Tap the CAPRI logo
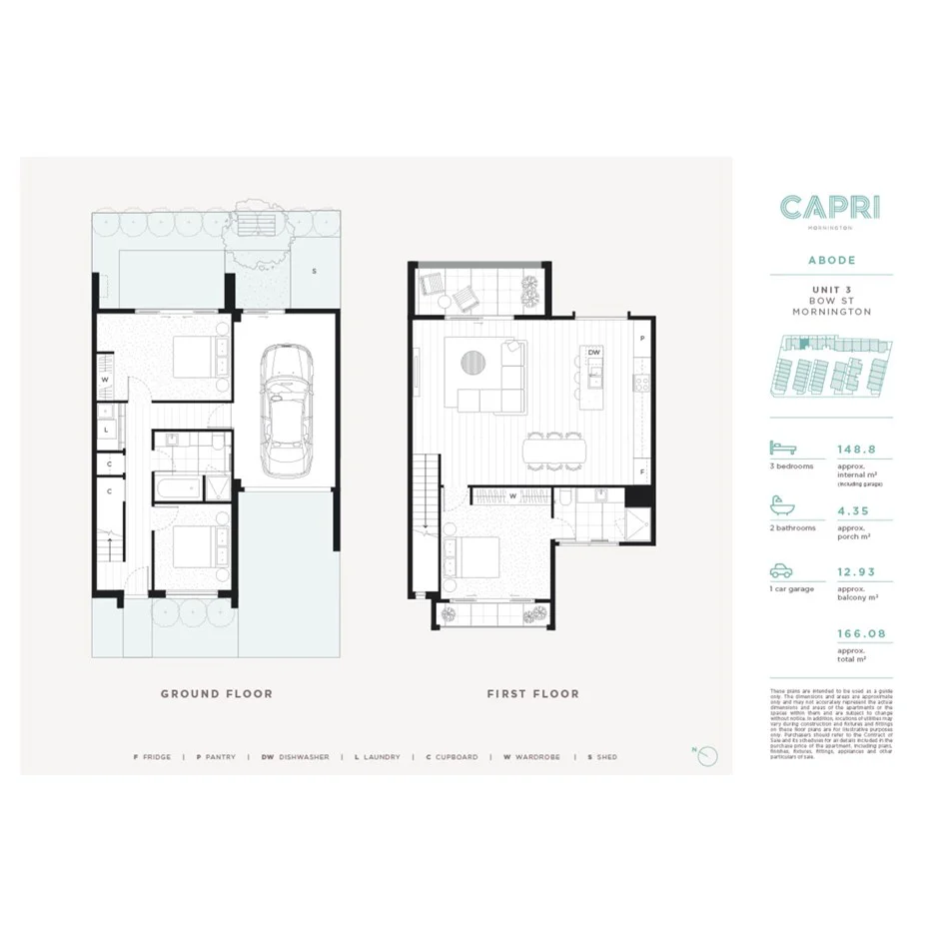tap(830, 208)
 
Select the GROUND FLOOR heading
tap(217, 693)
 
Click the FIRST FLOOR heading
tap(532, 693)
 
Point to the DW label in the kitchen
tap(593, 353)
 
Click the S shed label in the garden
tap(313, 272)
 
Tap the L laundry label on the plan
tap(106, 430)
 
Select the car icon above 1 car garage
tap(781, 571)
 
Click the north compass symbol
tap(708, 756)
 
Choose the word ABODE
tap(830, 260)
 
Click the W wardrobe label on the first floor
tap(512, 495)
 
